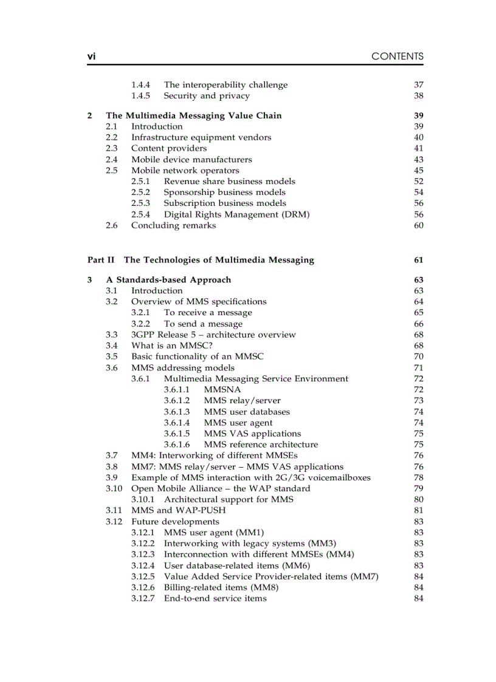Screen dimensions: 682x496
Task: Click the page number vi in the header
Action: (91, 56)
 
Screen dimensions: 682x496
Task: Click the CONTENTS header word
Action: (397, 56)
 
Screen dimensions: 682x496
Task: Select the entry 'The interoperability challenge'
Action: (226, 85)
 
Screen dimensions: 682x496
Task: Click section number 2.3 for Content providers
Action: (111, 148)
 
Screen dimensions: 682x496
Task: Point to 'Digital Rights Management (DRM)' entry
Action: (236, 214)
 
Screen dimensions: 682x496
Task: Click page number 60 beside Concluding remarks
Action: (418, 225)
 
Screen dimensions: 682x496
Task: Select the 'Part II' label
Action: (100, 260)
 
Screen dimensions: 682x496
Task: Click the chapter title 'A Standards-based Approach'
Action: (168, 280)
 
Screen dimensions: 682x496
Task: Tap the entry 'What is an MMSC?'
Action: (172, 346)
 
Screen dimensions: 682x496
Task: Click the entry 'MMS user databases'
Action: (247, 412)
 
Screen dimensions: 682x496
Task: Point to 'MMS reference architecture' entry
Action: (261, 445)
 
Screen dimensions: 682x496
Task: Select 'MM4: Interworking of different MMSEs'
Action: (215, 455)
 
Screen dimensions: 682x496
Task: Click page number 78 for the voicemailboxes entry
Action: (418, 477)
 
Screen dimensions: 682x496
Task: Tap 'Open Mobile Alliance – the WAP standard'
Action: (221, 488)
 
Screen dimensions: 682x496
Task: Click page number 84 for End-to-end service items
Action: (418, 598)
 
